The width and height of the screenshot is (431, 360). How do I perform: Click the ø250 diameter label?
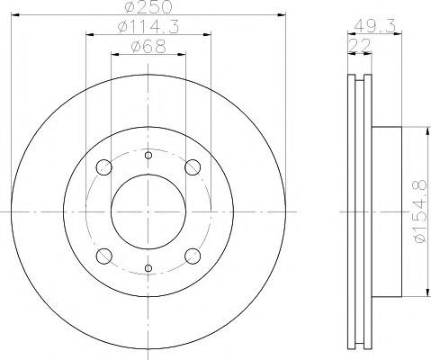click(149, 6)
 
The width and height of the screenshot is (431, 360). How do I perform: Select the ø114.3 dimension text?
click(148, 27)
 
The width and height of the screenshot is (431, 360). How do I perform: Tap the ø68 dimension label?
click(148, 47)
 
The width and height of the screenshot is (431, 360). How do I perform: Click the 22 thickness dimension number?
click(360, 46)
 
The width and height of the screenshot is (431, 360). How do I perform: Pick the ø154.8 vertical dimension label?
click(420, 211)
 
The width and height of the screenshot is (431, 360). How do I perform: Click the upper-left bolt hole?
click(104, 167)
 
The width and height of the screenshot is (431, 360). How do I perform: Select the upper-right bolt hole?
click(193, 167)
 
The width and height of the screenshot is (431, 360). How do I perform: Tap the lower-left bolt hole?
click(104, 256)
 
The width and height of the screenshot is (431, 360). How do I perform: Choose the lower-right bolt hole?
click(193, 256)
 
